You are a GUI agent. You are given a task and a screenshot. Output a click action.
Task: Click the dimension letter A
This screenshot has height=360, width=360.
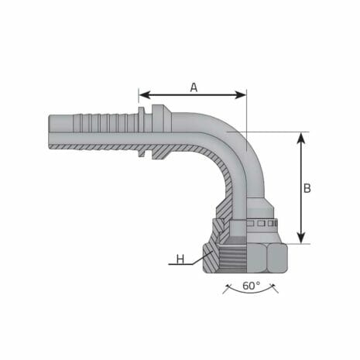click(x=194, y=87)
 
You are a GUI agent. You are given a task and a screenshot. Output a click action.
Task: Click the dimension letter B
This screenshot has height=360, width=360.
click(x=307, y=187)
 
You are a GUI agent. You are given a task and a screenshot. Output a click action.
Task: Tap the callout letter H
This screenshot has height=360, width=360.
click(x=180, y=259)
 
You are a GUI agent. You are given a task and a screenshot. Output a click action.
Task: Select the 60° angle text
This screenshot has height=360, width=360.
click(x=249, y=286)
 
